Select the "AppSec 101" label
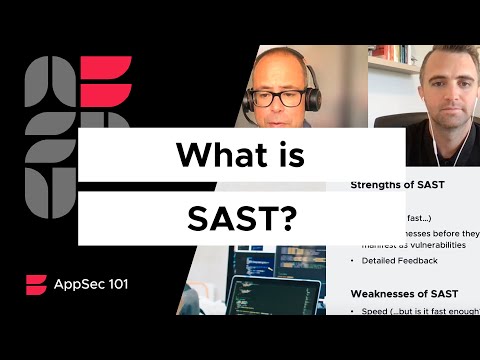(91, 283)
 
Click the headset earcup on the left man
(312, 100)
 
